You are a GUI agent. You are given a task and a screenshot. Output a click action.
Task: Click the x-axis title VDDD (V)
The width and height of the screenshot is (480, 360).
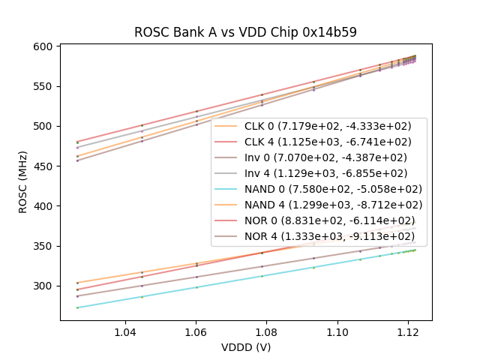(x=245, y=347)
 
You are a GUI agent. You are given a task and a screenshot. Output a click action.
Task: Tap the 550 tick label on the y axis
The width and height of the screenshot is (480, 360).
(x=43, y=86)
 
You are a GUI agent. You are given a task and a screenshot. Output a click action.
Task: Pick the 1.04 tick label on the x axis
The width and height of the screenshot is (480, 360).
(x=124, y=332)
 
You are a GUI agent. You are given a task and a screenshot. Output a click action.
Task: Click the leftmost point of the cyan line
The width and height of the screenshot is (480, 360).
(x=77, y=307)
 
